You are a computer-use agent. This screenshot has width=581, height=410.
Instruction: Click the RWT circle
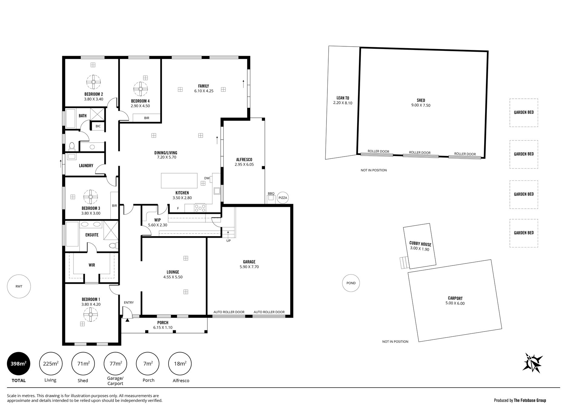click(x=19, y=286)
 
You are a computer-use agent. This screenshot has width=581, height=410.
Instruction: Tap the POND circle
click(x=351, y=283)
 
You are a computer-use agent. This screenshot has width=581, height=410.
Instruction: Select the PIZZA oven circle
click(x=283, y=198)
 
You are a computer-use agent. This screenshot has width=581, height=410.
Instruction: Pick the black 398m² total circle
click(x=19, y=364)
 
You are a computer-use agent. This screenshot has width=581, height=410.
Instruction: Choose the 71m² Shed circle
click(x=83, y=364)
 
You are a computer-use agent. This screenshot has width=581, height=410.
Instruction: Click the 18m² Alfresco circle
click(x=180, y=364)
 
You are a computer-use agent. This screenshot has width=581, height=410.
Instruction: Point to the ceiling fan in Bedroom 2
click(x=94, y=82)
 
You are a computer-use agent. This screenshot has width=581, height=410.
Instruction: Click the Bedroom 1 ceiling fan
click(x=90, y=315)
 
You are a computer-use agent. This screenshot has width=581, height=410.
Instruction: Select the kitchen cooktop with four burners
click(x=200, y=208)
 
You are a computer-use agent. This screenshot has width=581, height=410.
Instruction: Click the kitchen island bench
click(x=179, y=180)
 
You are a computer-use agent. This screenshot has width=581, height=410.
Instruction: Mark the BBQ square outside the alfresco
click(x=271, y=198)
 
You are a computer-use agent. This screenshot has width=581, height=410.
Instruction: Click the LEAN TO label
click(x=343, y=98)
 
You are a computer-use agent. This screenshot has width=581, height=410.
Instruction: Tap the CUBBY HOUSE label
click(x=420, y=244)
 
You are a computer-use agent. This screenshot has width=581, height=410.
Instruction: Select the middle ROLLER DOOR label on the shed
click(x=420, y=153)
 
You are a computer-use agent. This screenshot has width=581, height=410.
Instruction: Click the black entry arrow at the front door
click(x=127, y=320)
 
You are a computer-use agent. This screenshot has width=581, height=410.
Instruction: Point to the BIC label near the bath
click(x=98, y=126)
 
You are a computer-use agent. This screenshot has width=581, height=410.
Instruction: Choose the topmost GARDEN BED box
click(x=524, y=113)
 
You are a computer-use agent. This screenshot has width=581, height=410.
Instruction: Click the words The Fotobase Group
click(x=530, y=400)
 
